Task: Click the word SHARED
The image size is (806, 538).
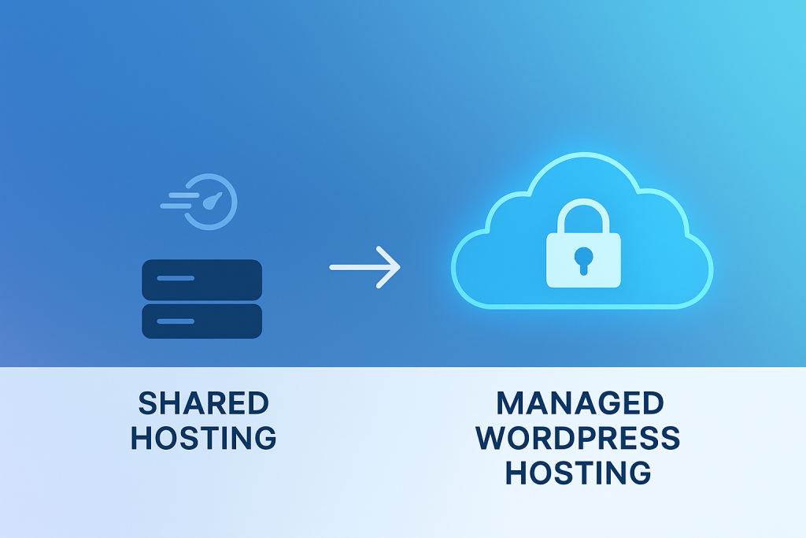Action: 204,403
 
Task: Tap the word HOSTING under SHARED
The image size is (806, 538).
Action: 204,437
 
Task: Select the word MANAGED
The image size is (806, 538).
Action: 580,403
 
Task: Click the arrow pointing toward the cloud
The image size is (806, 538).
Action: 364,267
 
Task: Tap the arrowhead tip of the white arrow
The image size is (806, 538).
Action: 399,267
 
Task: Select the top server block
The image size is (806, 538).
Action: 201,280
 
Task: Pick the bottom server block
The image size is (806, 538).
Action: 201,321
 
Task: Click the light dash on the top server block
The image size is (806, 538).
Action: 175,278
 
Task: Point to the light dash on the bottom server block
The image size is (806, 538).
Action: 175,321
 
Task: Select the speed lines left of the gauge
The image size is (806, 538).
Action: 177,199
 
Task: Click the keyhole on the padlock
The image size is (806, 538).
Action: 583,259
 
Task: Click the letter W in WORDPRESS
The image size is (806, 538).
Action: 494,437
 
